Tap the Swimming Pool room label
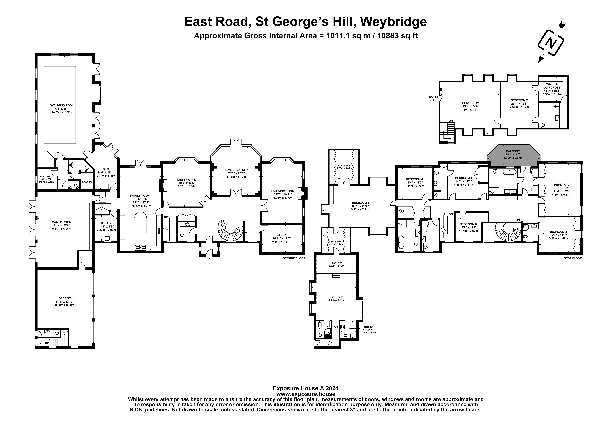pyautogui.click(x=62, y=105)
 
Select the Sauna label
pyautogui.click(x=87, y=182)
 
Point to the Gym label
pyautogui.click(x=106, y=169)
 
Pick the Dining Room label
pyautogui.click(x=187, y=179)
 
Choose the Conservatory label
pyautogui.click(x=236, y=170)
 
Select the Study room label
pyautogui.click(x=281, y=235)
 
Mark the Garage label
pyautogui.click(x=65, y=298)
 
